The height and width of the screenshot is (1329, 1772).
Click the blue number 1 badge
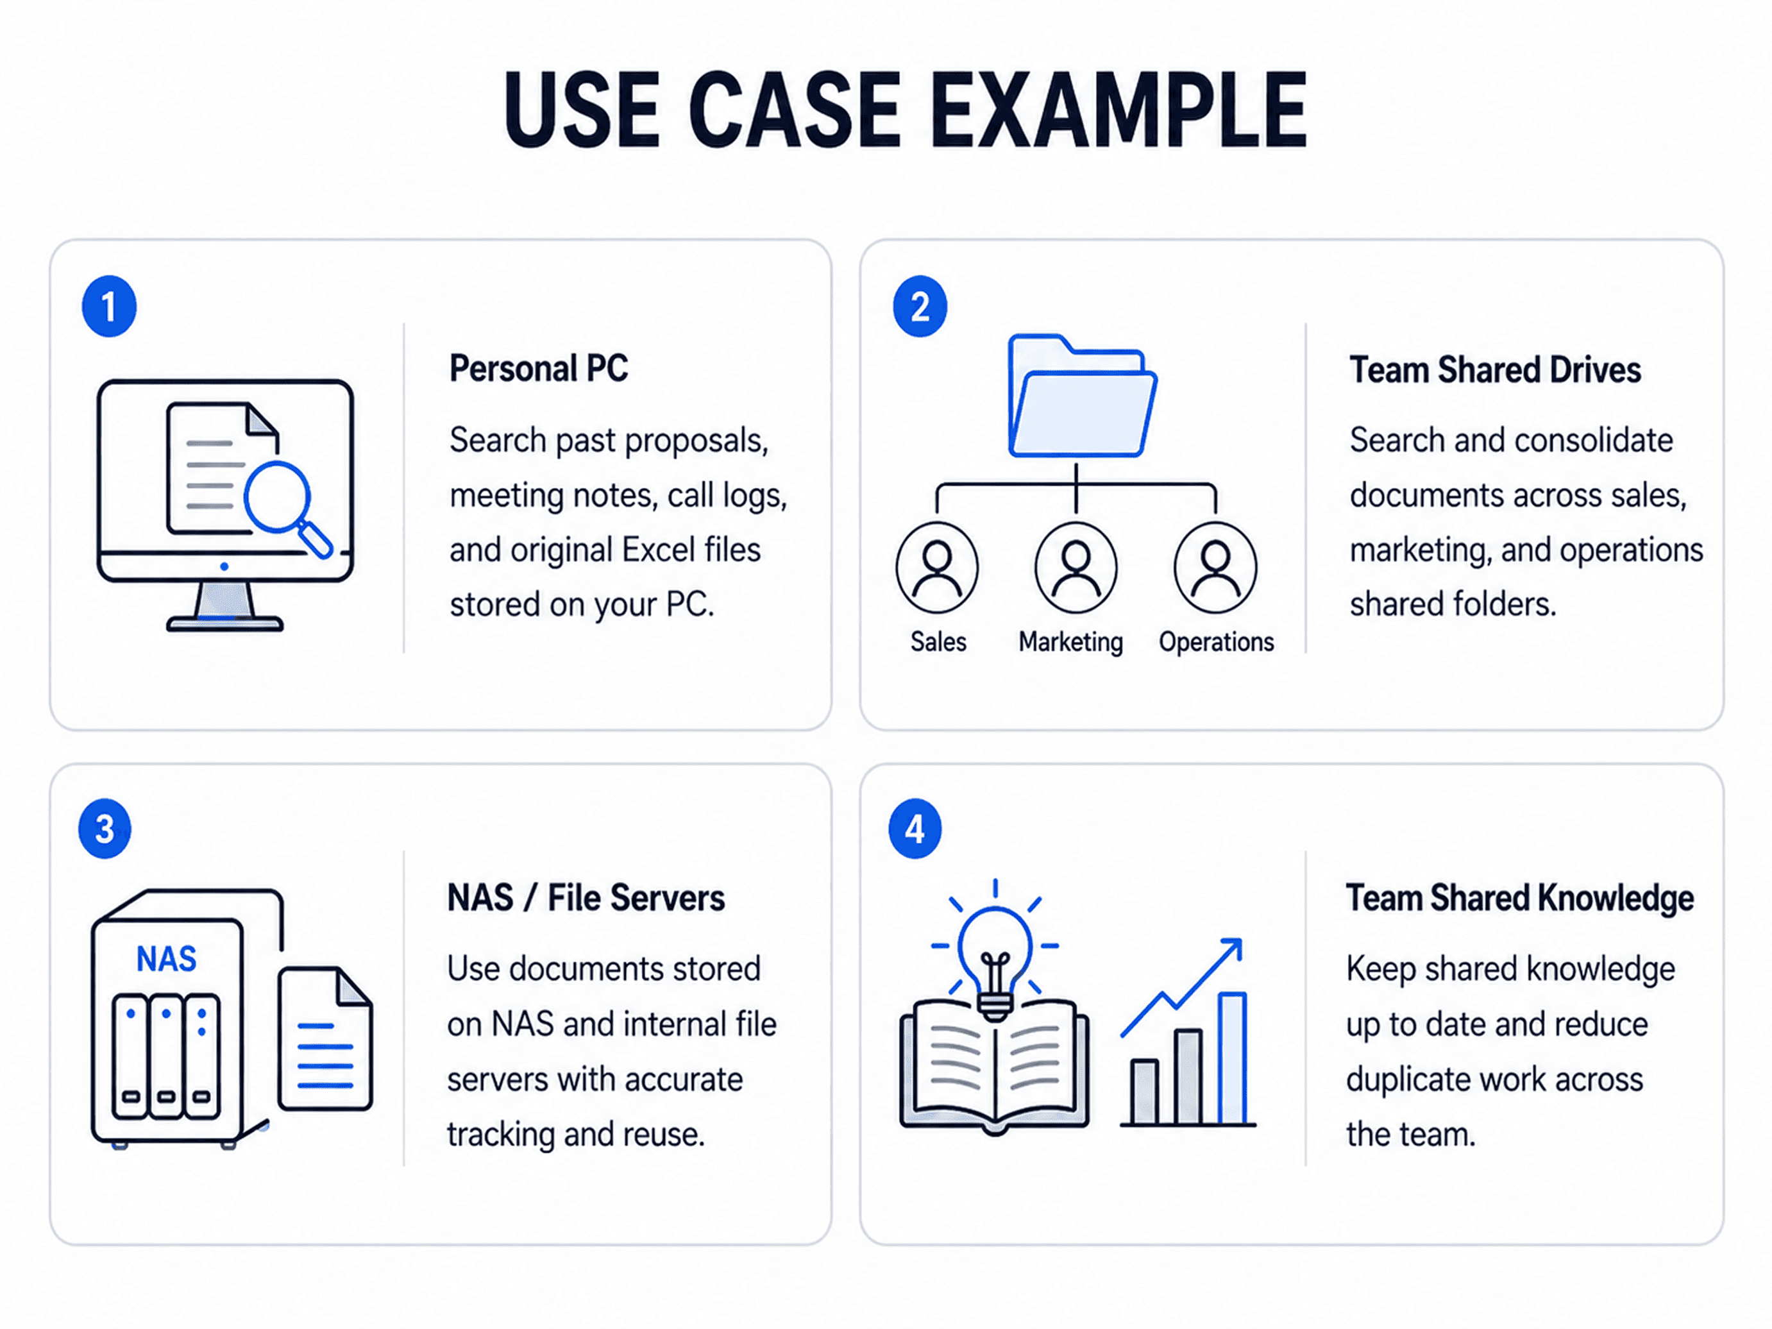click(x=109, y=306)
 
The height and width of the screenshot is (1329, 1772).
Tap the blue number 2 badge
click(x=920, y=306)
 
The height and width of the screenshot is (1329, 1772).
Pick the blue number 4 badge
click(x=915, y=828)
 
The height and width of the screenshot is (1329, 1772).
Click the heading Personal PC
click(x=538, y=369)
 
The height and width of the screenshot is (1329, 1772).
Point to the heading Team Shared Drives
click(x=1495, y=370)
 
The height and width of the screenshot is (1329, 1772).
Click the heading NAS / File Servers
click(x=586, y=898)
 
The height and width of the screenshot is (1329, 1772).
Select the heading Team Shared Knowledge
click(x=1520, y=899)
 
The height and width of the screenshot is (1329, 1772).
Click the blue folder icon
click(x=1081, y=396)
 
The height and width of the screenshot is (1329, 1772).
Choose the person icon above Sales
click(x=937, y=567)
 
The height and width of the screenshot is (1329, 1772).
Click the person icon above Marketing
click(x=1076, y=567)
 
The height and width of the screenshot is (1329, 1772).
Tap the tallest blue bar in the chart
click(x=1232, y=1058)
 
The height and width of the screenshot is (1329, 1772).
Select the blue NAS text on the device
click(x=166, y=959)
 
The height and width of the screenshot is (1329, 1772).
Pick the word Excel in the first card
click(x=659, y=550)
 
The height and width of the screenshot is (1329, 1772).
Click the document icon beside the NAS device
click(x=325, y=1038)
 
